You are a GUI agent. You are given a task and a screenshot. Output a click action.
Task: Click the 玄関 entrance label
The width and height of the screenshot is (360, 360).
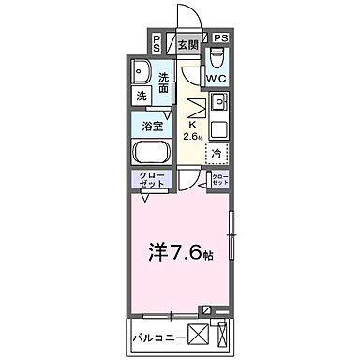(187, 44)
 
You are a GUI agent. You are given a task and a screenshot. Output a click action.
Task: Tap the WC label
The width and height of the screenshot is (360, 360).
(217, 80)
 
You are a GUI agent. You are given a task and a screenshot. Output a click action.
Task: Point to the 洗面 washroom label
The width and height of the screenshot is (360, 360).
(165, 82)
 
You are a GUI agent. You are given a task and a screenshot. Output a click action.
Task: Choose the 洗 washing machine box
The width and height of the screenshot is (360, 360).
(142, 96)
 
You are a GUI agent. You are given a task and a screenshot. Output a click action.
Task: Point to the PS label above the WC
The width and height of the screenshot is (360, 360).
(220, 37)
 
